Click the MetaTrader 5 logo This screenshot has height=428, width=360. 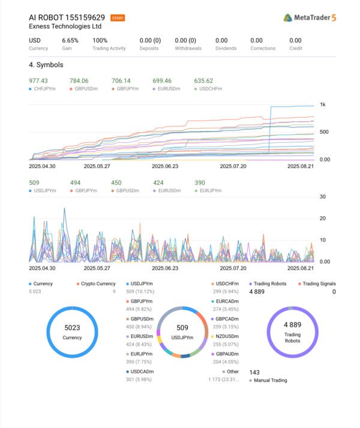point(310,17)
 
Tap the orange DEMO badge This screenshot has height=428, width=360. point(118,18)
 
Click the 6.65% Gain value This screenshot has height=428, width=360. point(70,40)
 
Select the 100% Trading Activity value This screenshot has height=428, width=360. point(100,40)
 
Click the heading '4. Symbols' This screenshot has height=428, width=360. point(46,65)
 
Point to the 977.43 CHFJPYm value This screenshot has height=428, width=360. point(38,81)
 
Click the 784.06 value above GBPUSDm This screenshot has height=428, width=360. point(79,81)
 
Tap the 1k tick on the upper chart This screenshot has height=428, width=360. point(322,106)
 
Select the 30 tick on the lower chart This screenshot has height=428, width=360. point(322,197)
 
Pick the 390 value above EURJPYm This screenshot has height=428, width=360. point(201,183)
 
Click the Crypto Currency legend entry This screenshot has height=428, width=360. point(98,284)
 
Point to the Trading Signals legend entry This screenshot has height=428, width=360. point(319,284)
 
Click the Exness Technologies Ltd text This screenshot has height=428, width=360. point(65,26)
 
